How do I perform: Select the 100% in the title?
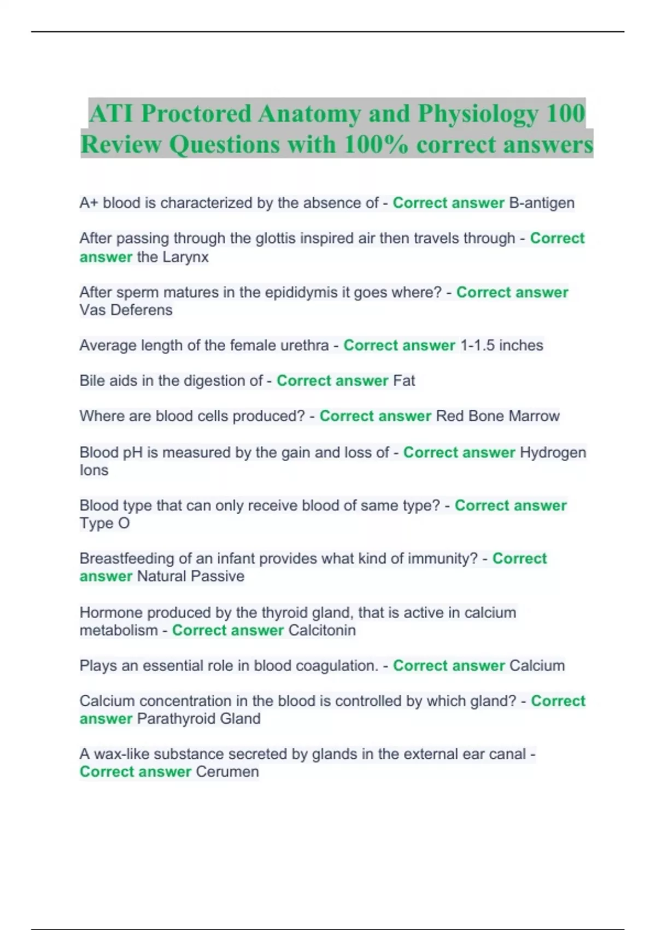point(376,144)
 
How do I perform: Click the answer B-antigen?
point(542,203)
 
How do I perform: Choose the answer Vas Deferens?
point(126,310)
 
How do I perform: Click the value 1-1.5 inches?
point(502,346)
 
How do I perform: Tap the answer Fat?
point(404,381)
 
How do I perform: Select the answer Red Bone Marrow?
point(497,416)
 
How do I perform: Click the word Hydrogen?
point(553,452)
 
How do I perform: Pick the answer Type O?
point(104,524)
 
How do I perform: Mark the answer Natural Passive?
point(190,577)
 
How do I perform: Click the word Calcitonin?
point(322,630)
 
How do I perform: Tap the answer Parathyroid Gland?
point(198,719)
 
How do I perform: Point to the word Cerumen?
point(227,772)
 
